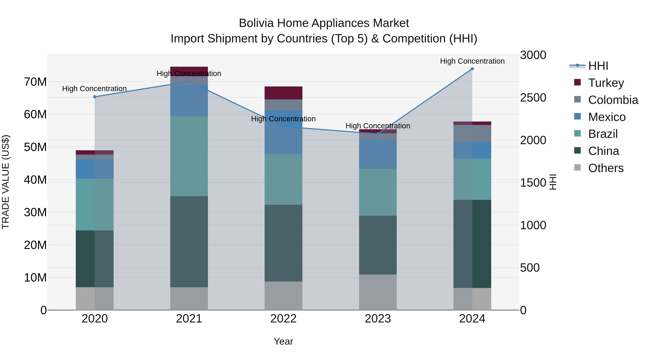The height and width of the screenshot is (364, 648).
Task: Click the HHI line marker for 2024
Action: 472,69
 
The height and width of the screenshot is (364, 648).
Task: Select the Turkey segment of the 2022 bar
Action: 283,93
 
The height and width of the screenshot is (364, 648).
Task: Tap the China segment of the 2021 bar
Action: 189,241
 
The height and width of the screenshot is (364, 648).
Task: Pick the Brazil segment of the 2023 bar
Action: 378,192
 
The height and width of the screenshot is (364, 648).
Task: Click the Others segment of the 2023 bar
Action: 378,292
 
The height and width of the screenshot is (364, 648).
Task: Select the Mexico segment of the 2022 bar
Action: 283,132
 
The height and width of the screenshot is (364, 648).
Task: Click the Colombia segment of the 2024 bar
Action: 472,133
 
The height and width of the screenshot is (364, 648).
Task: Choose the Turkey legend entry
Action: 606,83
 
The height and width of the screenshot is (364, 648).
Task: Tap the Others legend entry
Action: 606,168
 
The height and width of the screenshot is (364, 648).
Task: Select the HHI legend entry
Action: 598,66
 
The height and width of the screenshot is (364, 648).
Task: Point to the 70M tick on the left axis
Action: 35,82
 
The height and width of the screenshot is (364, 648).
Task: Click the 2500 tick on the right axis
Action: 533,98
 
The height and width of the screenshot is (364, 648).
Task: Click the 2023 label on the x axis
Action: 378,319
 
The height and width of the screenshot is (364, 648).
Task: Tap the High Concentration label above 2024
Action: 472,61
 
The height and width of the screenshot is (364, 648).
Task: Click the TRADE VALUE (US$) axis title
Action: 6,182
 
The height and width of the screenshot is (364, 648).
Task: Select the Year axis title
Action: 283,341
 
